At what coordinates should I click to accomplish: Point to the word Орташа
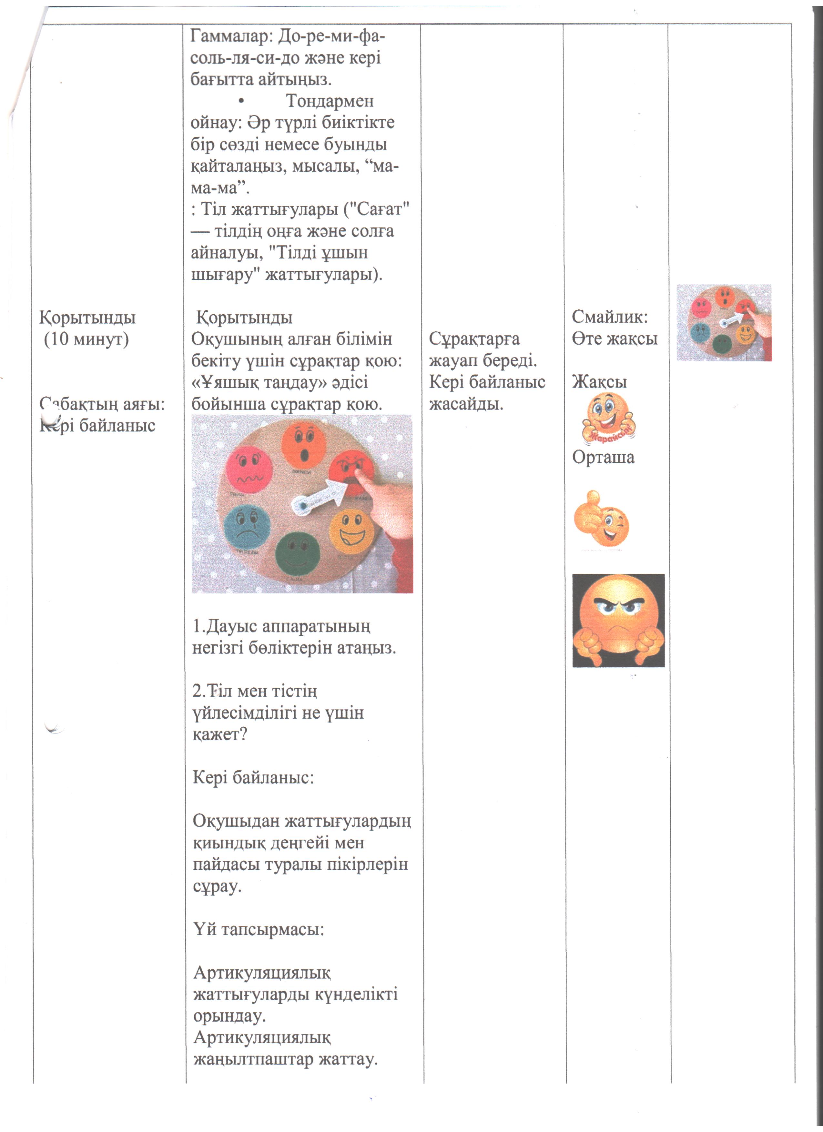click(603, 457)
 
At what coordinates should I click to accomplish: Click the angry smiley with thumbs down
click(618, 621)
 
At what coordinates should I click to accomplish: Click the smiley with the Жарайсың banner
click(608, 418)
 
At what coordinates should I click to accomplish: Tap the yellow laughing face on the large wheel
click(352, 529)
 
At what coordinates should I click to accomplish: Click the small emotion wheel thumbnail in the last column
click(724, 322)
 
